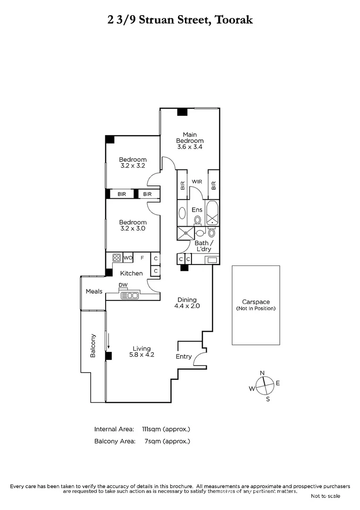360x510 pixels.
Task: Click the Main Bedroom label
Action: point(190,137)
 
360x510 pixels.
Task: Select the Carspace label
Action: point(256,302)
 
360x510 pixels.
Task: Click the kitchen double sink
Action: point(129,296)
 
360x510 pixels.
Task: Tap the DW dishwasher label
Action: point(123,285)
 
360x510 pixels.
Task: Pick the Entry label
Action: point(184,357)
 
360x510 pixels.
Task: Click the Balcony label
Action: point(93,346)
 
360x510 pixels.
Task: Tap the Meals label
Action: point(94,291)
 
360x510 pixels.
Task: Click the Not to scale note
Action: point(325,496)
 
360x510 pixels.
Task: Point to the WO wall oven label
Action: point(128,258)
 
